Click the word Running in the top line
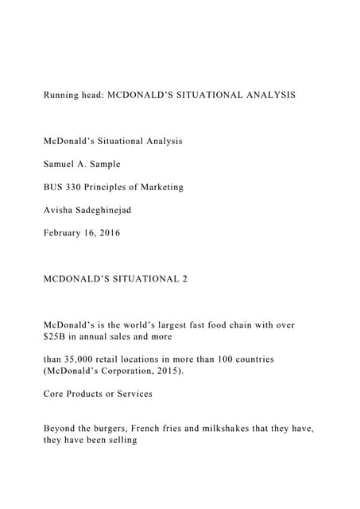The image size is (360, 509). [62, 95]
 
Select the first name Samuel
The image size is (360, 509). [61, 164]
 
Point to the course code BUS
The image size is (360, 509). [54, 187]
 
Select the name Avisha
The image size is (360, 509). [60, 211]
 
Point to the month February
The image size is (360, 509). [65, 234]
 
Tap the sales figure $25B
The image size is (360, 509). [56, 336]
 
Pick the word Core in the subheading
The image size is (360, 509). [55, 394]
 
